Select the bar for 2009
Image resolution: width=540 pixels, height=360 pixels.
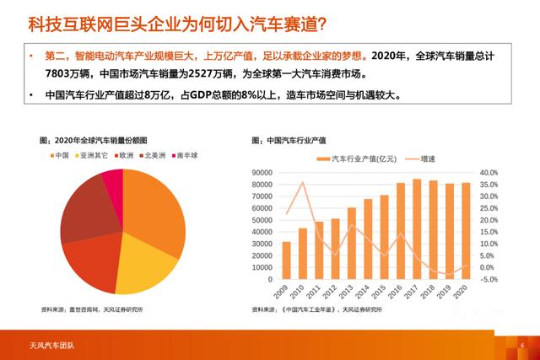[x=287, y=261]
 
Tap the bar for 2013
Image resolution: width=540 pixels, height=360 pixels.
[x=352, y=244]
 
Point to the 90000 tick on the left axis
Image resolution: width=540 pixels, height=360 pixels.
[x=260, y=172]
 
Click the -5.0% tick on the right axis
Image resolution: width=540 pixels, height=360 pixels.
[x=489, y=279]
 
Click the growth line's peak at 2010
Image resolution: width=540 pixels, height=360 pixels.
[x=303, y=182]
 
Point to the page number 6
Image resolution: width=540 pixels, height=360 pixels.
[x=522, y=345]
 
